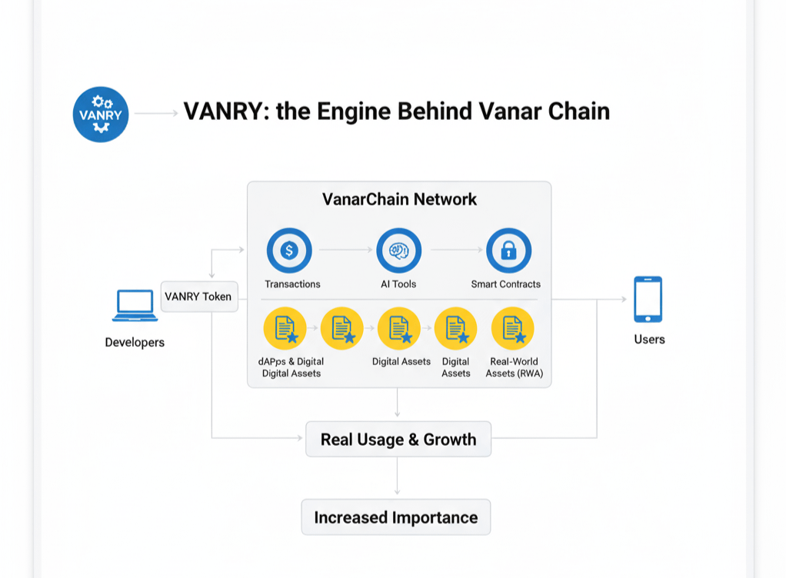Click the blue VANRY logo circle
pos(100,115)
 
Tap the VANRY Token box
pos(198,297)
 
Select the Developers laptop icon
pos(135,305)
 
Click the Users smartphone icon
pos(648,300)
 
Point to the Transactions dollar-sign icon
pos(289,251)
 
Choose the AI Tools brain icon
pos(398,251)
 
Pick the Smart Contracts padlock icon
pos(508,251)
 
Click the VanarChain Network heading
pos(399,200)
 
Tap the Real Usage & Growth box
pos(398,440)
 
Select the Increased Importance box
pos(395,517)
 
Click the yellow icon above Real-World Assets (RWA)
pos(512,328)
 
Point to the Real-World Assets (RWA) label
pos(514,367)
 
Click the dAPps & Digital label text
pos(291,361)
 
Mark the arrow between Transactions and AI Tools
pos(344,251)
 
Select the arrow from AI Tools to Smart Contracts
pos(454,251)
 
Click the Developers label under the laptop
pos(135,342)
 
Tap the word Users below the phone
pos(649,339)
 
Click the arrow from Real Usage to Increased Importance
pos(397,477)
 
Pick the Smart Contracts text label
pos(505,284)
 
